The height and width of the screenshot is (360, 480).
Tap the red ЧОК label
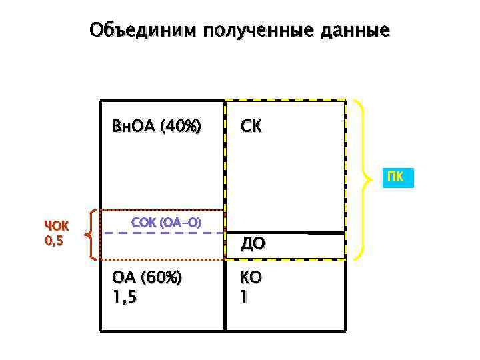(56, 225)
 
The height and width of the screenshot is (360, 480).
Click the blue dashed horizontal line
(163, 233)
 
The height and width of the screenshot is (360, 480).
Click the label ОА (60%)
(147, 277)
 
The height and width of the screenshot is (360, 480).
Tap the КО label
(251, 277)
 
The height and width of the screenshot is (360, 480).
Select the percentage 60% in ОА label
(163, 277)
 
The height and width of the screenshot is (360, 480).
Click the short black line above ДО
(327, 233)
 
